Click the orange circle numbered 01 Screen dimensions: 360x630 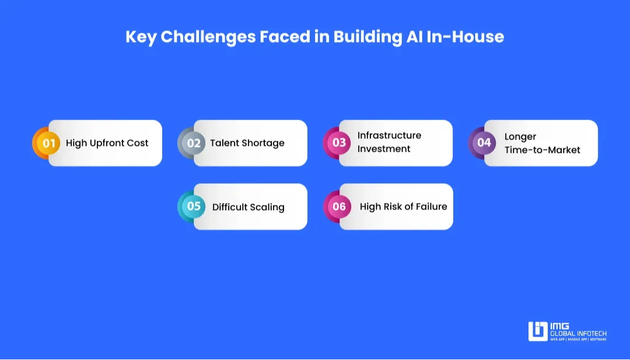click(x=48, y=143)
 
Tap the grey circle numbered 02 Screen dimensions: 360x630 click(x=194, y=143)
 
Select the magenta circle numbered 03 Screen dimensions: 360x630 click(x=339, y=143)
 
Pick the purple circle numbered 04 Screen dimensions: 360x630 click(x=484, y=143)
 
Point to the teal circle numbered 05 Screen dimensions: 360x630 click(x=194, y=207)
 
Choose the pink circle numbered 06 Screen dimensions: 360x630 click(x=339, y=207)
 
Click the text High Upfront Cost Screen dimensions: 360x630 click(x=107, y=143)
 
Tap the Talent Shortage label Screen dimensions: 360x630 click(x=247, y=143)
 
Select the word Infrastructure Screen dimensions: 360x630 click(x=389, y=135)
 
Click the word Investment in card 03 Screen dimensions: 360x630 click(x=384, y=149)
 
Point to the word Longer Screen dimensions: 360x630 click(x=520, y=137)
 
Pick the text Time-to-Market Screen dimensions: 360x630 click(x=542, y=150)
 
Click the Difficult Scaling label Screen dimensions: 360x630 click(x=249, y=207)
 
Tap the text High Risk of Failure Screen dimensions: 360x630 click(x=404, y=207)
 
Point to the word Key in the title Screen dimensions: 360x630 click(x=141, y=37)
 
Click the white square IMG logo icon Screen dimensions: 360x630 click(x=538, y=331)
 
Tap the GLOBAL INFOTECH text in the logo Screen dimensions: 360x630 click(x=579, y=334)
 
